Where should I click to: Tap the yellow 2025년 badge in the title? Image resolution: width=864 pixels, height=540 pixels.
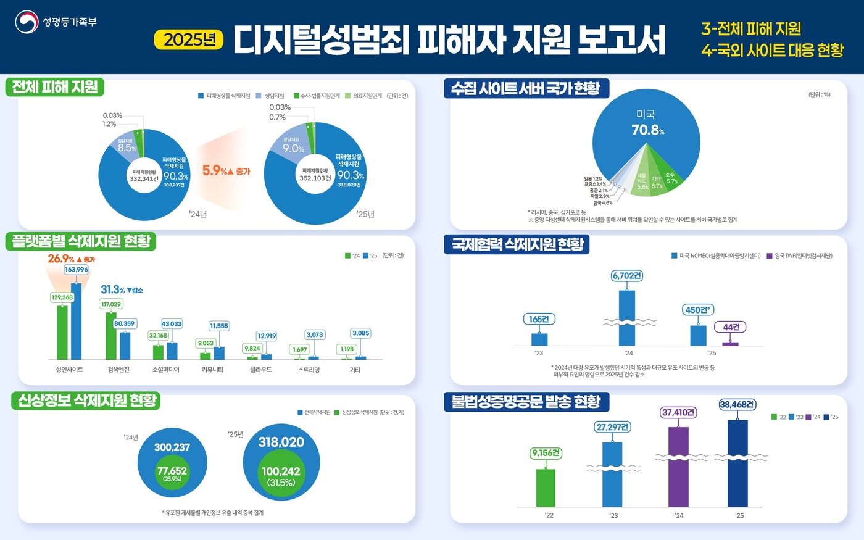189,39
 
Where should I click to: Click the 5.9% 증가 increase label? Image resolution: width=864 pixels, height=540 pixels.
226,171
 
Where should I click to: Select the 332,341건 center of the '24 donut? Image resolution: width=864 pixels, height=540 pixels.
144,176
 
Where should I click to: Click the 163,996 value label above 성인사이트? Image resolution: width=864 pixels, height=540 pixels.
77,270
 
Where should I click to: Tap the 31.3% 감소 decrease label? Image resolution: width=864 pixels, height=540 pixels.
122,290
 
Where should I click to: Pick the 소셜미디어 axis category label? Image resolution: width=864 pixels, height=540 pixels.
165,370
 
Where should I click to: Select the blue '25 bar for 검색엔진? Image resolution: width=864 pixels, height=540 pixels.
125,346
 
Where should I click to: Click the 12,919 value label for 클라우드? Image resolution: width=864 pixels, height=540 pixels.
267,336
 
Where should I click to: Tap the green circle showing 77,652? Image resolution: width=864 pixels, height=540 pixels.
172,473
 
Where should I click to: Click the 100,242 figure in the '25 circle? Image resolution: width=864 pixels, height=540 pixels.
281,471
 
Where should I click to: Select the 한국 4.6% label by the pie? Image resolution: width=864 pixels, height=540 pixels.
602,203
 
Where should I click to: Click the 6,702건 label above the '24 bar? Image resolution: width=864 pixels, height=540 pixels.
626,276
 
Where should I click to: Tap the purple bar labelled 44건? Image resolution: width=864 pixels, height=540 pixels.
730,343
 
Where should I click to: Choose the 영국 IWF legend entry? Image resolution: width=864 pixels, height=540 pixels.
799,255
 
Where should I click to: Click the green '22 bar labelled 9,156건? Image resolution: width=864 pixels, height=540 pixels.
546,488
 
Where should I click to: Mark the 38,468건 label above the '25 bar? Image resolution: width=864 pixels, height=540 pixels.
737,405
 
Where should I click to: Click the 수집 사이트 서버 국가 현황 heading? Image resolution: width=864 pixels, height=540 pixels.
526,88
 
